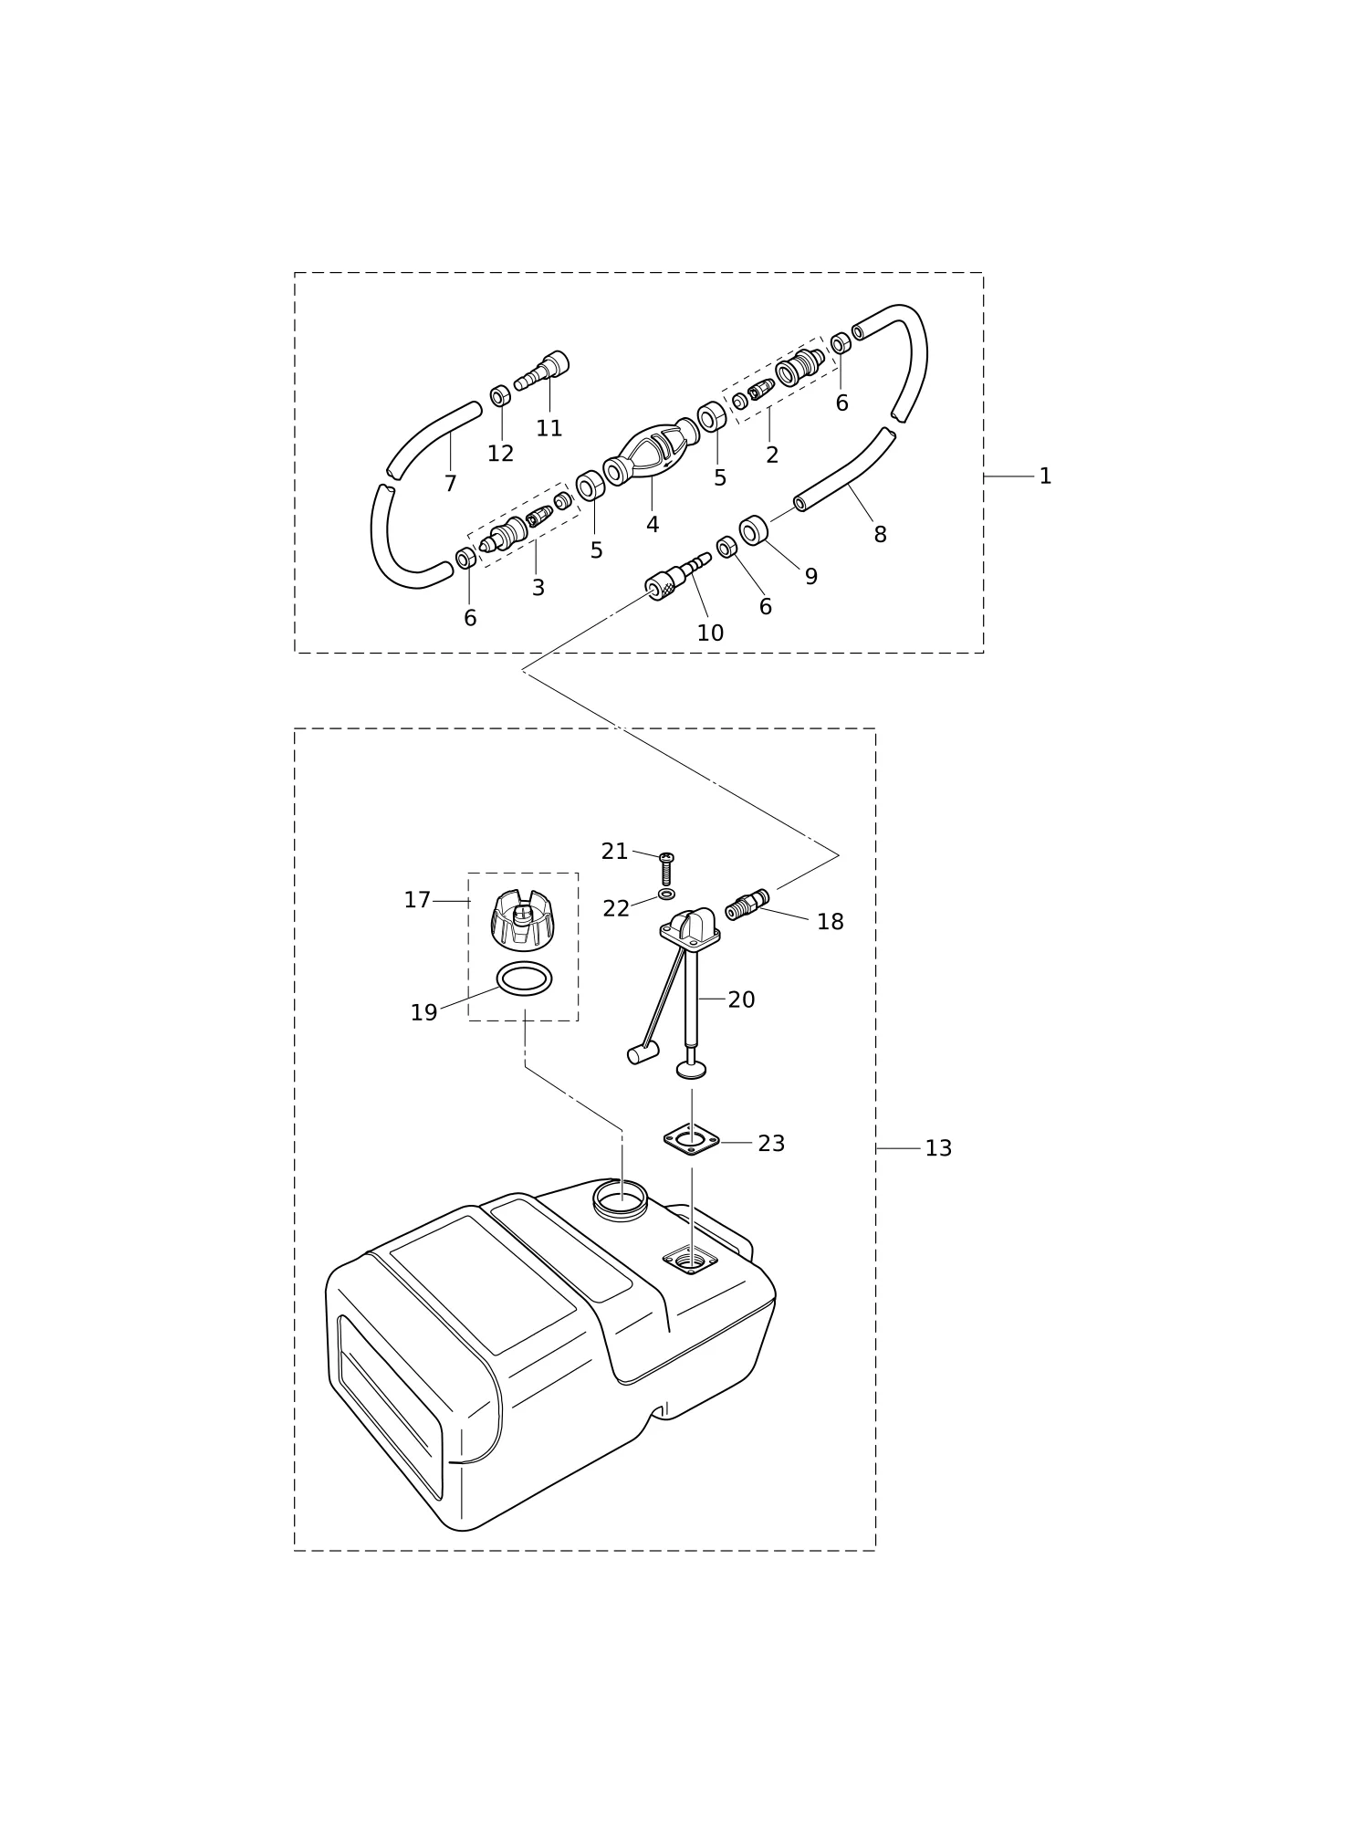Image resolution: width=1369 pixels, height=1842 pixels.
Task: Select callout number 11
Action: pyautogui.click(x=549, y=428)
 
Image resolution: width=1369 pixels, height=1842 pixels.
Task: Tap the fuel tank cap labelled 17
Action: pyautogui.click(x=521, y=918)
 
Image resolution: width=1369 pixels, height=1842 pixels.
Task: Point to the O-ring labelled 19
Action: pyautogui.click(x=524, y=979)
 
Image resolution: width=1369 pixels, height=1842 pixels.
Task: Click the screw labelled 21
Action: pyautogui.click(x=666, y=868)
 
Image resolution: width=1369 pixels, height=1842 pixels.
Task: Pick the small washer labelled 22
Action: pyautogui.click(x=666, y=894)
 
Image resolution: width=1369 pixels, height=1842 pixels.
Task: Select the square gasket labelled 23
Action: pyautogui.click(x=691, y=1139)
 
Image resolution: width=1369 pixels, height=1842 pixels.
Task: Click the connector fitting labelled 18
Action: pyautogui.click(x=747, y=905)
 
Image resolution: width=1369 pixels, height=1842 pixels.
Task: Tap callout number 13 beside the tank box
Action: pyautogui.click(x=938, y=1148)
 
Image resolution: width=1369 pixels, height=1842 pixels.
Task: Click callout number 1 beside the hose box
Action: pyautogui.click(x=1045, y=476)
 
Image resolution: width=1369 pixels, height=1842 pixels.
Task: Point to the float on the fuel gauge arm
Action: pyautogui.click(x=643, y=1052)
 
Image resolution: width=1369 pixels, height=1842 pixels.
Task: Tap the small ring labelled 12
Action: pyautogui.click(x=500, y=396)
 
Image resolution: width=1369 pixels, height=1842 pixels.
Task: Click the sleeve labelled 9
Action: pyautogui.click(x=753, y=530)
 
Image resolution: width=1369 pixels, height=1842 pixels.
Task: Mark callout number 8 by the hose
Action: pyautogui.click(x=880, y=535)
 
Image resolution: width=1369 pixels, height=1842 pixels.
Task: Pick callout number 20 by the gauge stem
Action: pyautogui.click(x=741, y=999)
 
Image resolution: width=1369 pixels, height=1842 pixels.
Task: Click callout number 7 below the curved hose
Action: pyautogui.click(x=450, y=484)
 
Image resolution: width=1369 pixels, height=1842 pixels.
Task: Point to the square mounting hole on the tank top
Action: pyautogui.click(x=690, y=1261)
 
